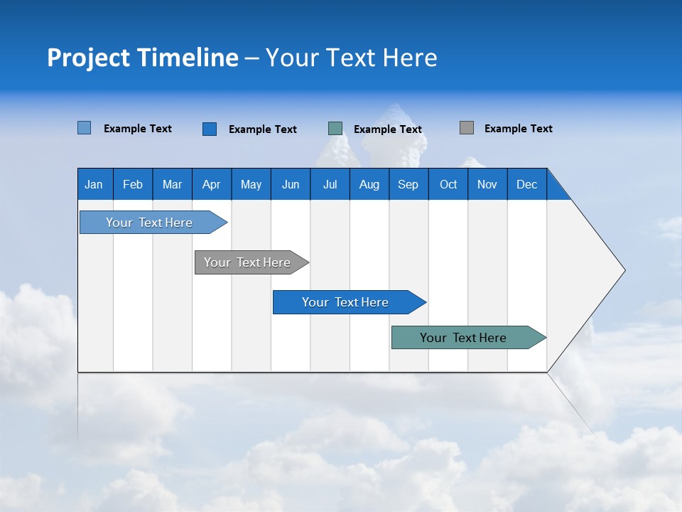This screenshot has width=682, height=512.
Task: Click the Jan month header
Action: click(94, 184)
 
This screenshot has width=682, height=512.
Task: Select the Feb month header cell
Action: click(133, 184)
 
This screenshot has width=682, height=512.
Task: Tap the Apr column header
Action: click(211, 184)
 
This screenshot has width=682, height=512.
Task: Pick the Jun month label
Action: click(291, 184)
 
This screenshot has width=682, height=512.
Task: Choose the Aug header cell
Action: click(369, 184)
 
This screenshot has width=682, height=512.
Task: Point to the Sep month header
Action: click(408, 184)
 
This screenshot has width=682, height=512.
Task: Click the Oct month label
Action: click(448, 184)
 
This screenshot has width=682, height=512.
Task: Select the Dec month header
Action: click(526, 184)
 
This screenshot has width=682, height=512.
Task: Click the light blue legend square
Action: click(85, 128)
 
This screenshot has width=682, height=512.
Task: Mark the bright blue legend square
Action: click(210, 129)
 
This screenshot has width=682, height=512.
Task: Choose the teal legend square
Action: click(335, 128)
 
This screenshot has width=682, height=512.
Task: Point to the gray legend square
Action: click(467, 128)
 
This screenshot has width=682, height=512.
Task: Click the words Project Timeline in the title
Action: click(143, 58)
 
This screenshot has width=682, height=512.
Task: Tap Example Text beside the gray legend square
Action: click(518, 129)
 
